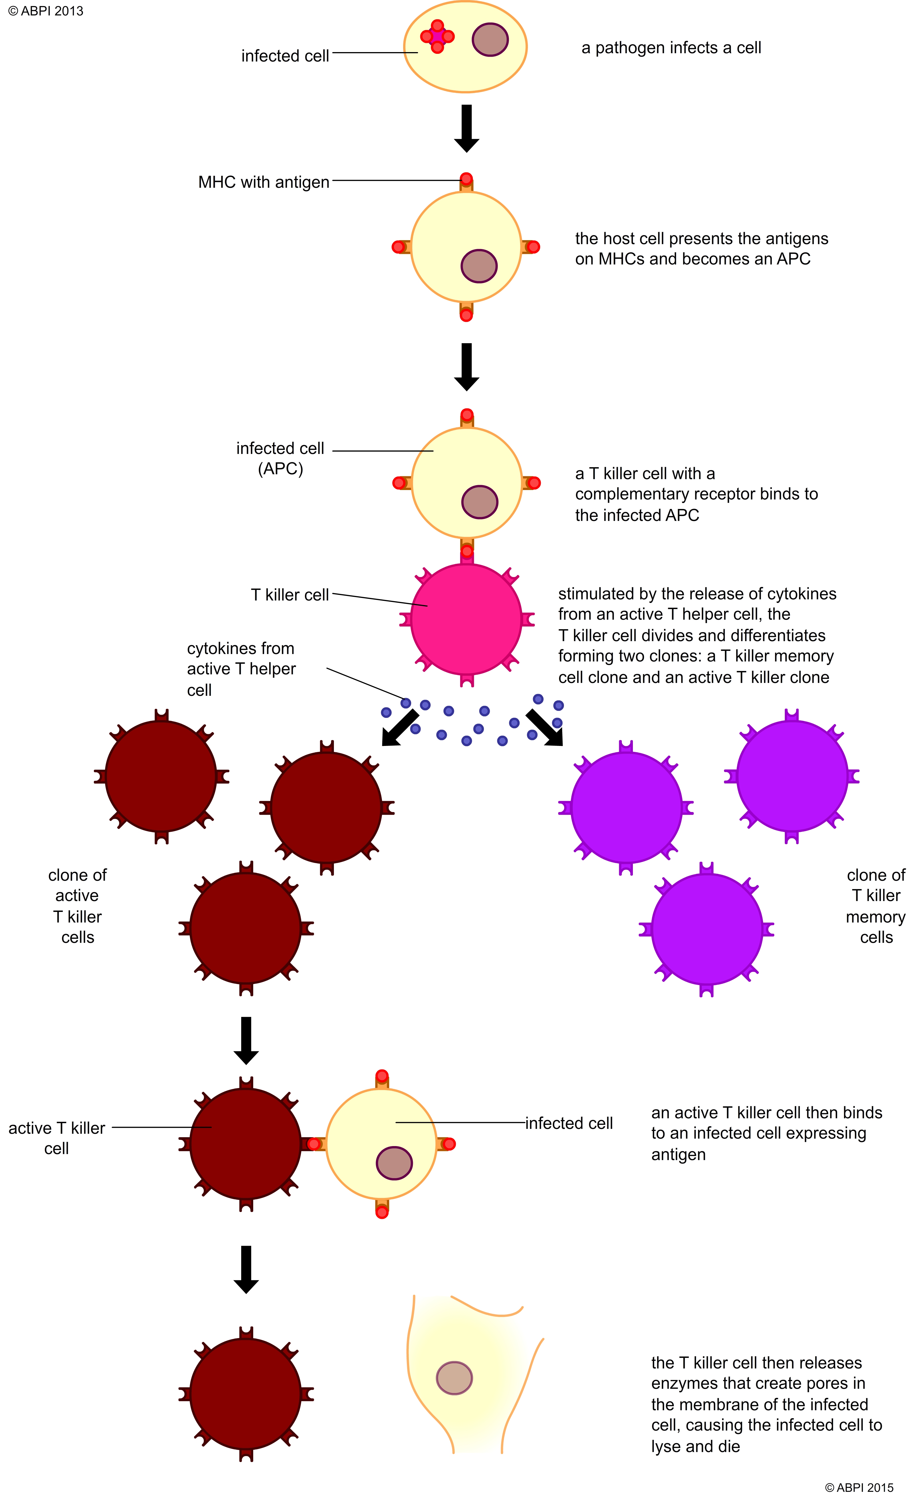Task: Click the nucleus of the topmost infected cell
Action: (x=490, y=40)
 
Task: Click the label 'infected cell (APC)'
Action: (x=280, y=458)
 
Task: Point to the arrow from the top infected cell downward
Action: (x=467, y=128)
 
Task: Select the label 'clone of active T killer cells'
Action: (x=77, y=906)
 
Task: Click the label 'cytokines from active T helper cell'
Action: (x=241, y=669)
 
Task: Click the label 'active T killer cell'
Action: (x=57, y=1138)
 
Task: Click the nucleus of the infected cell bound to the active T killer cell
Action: (x=394, y=1163)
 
